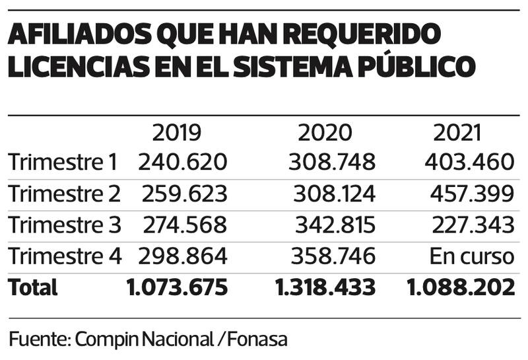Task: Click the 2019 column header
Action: [x=176, y=133]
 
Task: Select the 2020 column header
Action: [x=325, y=133]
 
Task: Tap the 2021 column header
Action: [x=457, y=133]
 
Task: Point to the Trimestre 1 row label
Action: [x=63, y=162]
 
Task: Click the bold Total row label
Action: [x=33, y=287]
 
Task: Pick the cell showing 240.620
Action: [x=182, y=162]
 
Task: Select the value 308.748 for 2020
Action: [x=331, y=162]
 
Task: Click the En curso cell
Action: [x=471, y=256]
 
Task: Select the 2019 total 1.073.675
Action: [x=176, y=287]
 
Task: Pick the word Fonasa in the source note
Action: [x=257, y=339]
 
